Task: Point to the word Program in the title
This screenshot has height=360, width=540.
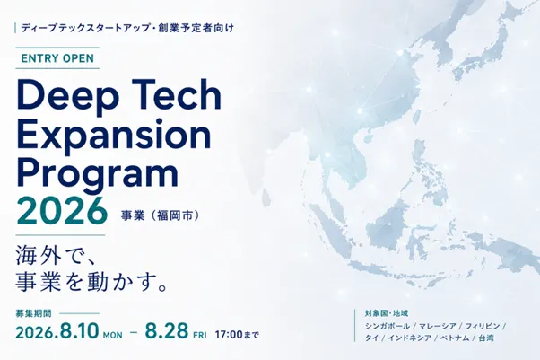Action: point(97,174)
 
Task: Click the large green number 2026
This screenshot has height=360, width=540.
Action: point(62,210)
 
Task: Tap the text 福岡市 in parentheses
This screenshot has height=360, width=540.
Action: point(175,215)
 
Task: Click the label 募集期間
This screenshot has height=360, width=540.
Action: point(33,313)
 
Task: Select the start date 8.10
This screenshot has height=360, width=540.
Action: point(79,331)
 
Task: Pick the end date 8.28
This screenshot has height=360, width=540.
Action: point(167,330)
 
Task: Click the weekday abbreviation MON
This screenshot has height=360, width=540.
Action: point(113,335)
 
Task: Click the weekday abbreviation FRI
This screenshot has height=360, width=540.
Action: point(200,335)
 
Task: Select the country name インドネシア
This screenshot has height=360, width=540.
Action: point(410,338)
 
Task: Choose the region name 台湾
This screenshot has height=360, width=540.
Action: point(486,338)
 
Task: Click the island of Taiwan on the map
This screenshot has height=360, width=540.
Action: point(417,116)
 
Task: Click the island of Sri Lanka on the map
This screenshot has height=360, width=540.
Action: point(266,197)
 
